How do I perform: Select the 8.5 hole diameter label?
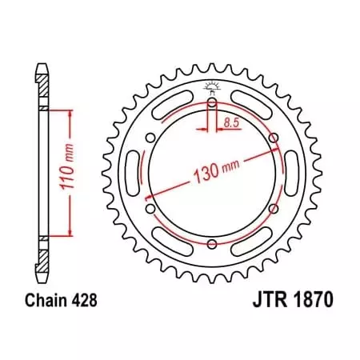click(x=231, y=122)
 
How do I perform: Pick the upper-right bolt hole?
click(x=273, y=138)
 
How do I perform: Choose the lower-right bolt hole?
click(x=273, y=209)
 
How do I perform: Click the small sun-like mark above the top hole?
click(x=211, y=86)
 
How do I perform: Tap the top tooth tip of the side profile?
click(x=41, y=64)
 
